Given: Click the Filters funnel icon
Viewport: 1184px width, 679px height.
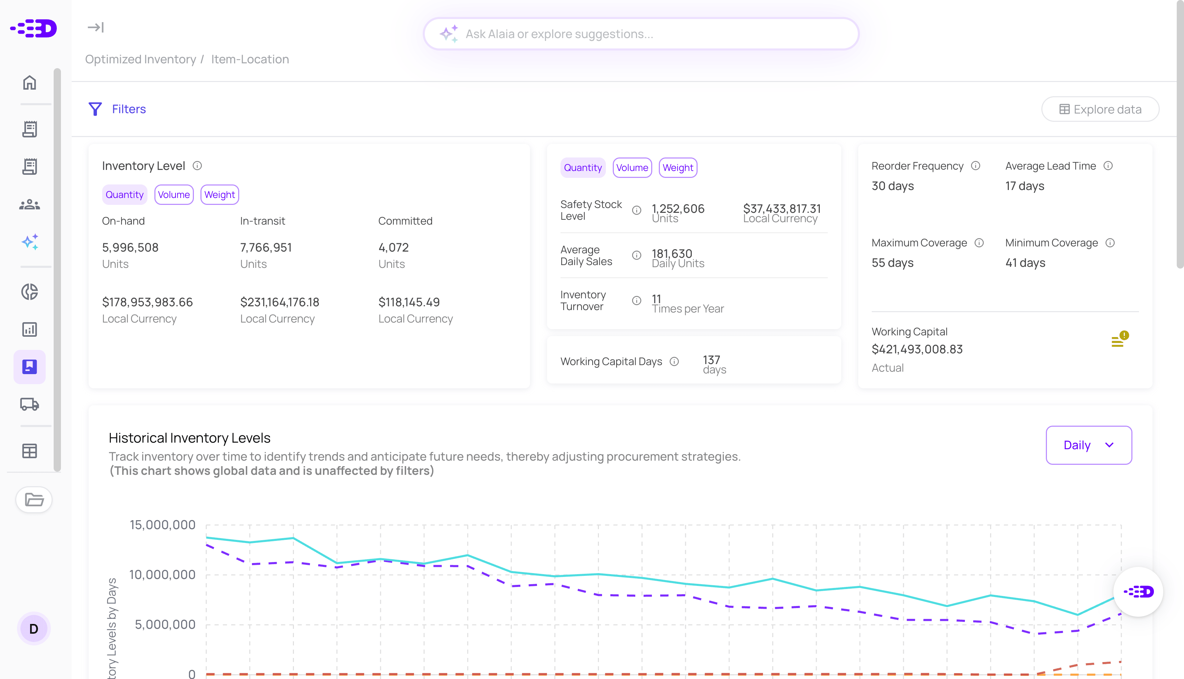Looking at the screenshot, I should pos(95,109).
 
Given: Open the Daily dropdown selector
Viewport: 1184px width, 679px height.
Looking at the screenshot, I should pos(1088,445).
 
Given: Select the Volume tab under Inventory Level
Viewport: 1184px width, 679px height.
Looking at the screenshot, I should pos(173,194).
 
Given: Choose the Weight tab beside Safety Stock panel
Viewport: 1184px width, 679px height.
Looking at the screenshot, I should pos(678,168).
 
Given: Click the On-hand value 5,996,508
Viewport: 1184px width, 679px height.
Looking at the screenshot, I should pos(130,248).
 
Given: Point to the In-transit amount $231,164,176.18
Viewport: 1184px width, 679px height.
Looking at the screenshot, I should pos(279,302).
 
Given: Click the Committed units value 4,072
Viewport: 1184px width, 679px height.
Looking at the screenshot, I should pos(393,248).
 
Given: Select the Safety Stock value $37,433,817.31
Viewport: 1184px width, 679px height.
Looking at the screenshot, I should pos(781,208).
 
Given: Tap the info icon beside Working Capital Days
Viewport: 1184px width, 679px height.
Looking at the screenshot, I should pos(674,361).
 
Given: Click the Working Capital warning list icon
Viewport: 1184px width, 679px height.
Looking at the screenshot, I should pos(1119,340).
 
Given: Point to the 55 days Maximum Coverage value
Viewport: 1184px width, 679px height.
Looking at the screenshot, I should pos(892,263).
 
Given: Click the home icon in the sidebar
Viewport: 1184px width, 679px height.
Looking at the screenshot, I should pos(29,83).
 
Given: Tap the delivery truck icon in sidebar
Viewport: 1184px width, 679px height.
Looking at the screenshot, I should pos(29,404).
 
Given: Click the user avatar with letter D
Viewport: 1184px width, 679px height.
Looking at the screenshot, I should pos(34,628).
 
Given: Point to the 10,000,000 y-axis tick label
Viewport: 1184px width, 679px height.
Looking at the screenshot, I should pos(162,574).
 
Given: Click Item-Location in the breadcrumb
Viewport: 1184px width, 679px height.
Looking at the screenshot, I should pos(250,59).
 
